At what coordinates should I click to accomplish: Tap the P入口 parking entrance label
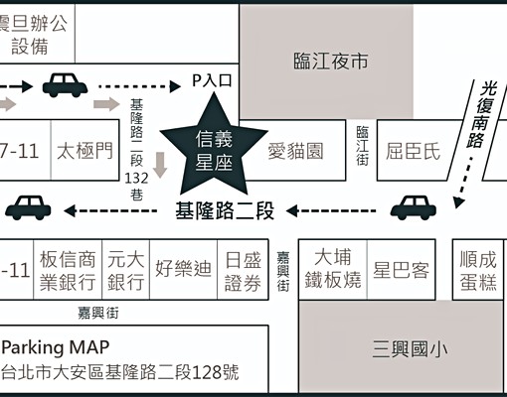(212, 82)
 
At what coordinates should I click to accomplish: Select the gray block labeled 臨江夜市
(331, 62)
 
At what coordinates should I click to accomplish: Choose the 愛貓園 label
(295, 152)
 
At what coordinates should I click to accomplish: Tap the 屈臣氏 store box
(412, 152)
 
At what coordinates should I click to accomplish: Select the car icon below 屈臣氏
(413, 207)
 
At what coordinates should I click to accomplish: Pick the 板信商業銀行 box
(69, 270)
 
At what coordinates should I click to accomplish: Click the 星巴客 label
(400, 269)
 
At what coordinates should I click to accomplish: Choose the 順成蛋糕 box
(478, 269)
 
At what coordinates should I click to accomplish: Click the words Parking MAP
(56, 347)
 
